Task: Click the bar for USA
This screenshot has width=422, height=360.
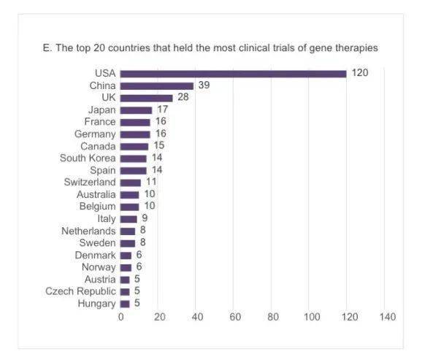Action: [233, 74]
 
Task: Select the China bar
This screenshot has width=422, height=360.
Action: [157, 86]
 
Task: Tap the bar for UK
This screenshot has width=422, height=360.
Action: [146, 98]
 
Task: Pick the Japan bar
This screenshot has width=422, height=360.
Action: [136, 110]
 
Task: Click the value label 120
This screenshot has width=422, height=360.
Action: [360, 73]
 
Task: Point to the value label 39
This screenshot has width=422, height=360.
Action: [204, 85]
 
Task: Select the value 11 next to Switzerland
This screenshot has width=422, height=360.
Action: [151, 182]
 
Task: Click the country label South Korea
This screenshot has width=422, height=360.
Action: [88, 158]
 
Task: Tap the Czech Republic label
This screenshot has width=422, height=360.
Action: [80, 291]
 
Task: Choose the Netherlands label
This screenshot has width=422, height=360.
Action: [88, 231]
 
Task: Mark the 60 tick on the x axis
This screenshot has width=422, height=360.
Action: [235, 317]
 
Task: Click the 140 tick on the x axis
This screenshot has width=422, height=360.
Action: [388, 317]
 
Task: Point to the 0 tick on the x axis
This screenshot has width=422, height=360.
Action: [121, 317]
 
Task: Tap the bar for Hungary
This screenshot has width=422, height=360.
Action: [125, 304]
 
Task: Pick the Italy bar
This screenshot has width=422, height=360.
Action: [128, 219]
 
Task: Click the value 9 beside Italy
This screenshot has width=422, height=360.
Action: [145, 218]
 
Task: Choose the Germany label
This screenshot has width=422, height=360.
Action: [95, 134]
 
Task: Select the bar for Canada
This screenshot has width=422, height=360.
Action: [134, 147]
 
